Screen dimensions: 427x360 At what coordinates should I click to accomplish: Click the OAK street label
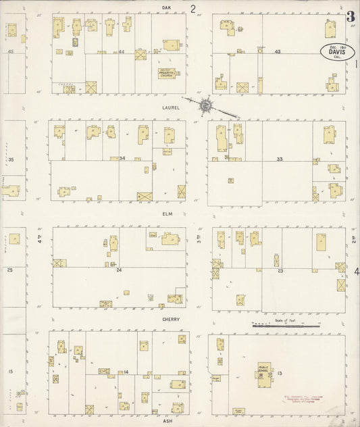click(165, 7)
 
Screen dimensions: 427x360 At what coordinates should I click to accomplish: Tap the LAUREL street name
click(170, 107)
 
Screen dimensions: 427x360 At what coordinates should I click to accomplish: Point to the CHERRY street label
click(170, 319)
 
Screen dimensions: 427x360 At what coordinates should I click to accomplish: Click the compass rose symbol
click(205, 105)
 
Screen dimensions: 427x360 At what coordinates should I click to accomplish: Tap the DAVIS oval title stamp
click(336, 51)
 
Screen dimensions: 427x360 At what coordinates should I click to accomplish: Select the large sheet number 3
click(351, 16)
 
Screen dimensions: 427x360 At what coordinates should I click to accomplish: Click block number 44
click(122, 51)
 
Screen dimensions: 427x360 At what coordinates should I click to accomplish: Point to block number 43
click(278, 51)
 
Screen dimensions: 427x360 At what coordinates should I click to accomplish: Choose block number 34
click(122, 158)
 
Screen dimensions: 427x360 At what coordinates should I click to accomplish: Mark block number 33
click(279, 159)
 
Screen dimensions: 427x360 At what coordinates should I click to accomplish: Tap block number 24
click(119, 270)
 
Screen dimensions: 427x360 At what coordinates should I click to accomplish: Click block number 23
click(280, 270)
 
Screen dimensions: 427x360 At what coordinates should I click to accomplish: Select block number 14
click(126, 372)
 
